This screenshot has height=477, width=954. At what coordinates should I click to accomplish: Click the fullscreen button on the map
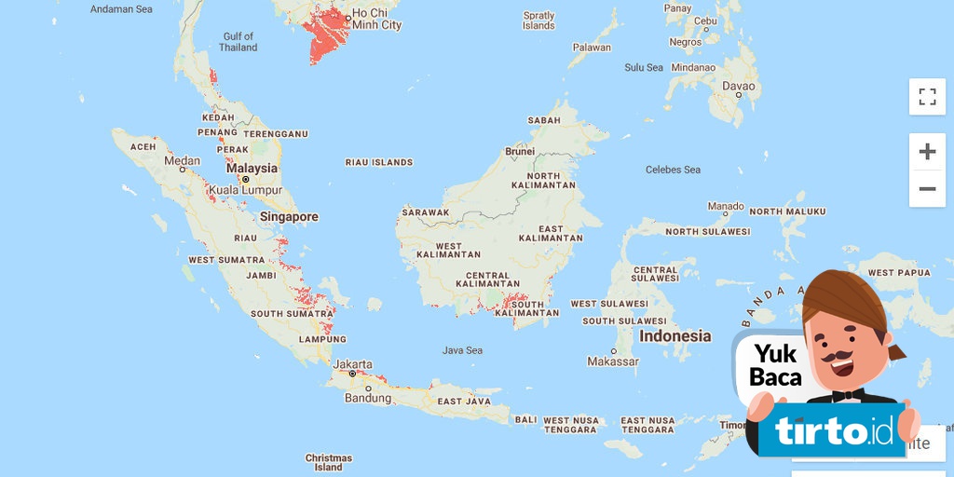pos(927,97)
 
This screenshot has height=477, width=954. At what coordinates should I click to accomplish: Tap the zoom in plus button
pos(927,151)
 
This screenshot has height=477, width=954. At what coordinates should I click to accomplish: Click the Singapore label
pos(289,216)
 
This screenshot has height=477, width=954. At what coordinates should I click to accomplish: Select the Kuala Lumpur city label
pos(245,190)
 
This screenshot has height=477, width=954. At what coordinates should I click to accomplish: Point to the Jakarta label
pos(353,363)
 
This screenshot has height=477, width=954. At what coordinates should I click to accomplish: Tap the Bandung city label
pos(368,398)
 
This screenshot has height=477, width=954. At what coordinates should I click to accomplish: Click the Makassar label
pos(613,361)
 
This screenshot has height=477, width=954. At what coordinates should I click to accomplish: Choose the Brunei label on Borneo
pos(520,151)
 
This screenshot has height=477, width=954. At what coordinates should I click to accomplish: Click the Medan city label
pos(182,160)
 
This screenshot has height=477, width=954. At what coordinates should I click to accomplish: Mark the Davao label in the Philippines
pos(739,86)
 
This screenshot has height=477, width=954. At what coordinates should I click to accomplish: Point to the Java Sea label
pos(462,350)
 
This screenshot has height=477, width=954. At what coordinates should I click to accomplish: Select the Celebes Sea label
pos(673,170)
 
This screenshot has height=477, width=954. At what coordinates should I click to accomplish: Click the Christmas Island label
pos(329,462)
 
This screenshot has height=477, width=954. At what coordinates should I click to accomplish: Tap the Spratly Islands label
pos(538,20)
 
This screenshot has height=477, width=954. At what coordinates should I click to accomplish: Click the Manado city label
pos(726,206)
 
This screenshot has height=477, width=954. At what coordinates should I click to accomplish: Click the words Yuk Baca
pos(776,365)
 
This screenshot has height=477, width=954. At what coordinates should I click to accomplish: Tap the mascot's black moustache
pos(843,357)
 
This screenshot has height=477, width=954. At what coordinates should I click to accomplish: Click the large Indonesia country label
pos(675,336)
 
